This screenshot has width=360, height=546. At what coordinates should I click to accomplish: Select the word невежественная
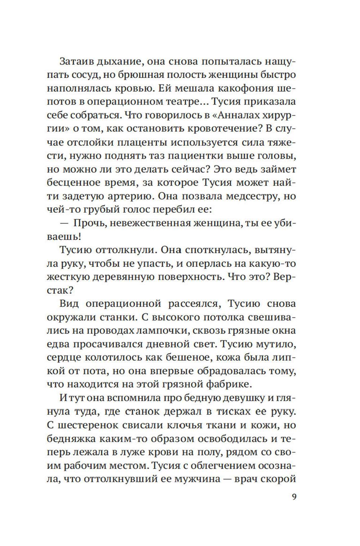point(150,223)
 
